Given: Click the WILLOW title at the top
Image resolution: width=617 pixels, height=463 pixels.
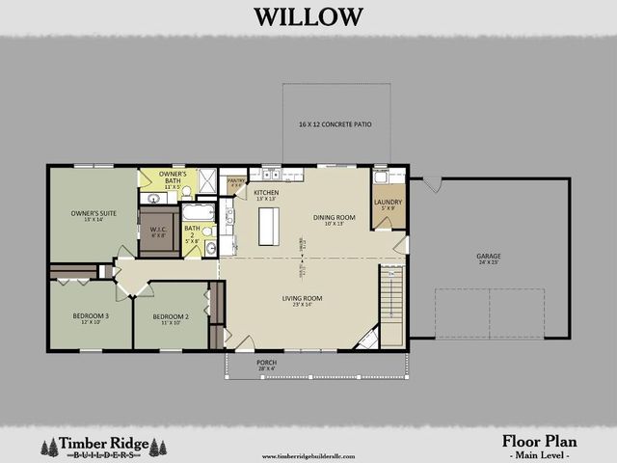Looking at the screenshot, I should [308, 16].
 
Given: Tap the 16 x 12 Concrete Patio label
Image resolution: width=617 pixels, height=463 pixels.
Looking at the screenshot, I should [335, 125].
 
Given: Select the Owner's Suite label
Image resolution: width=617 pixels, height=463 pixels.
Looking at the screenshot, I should [93, 215].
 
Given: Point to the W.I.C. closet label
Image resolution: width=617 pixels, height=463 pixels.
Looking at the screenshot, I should [159, 231].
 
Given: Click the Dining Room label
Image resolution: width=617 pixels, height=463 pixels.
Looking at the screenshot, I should [334, 219].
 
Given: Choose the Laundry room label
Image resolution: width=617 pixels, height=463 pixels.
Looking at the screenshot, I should [388, 204].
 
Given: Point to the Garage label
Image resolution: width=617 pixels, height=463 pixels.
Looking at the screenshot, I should [488, 258].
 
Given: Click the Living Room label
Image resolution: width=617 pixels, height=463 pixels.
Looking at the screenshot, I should [302, 300].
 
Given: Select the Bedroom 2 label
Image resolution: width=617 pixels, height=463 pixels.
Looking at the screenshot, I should [170, 317].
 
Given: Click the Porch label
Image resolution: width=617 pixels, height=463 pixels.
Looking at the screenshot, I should [267, 364].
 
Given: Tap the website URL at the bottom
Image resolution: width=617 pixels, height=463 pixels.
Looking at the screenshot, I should [308, 456].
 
